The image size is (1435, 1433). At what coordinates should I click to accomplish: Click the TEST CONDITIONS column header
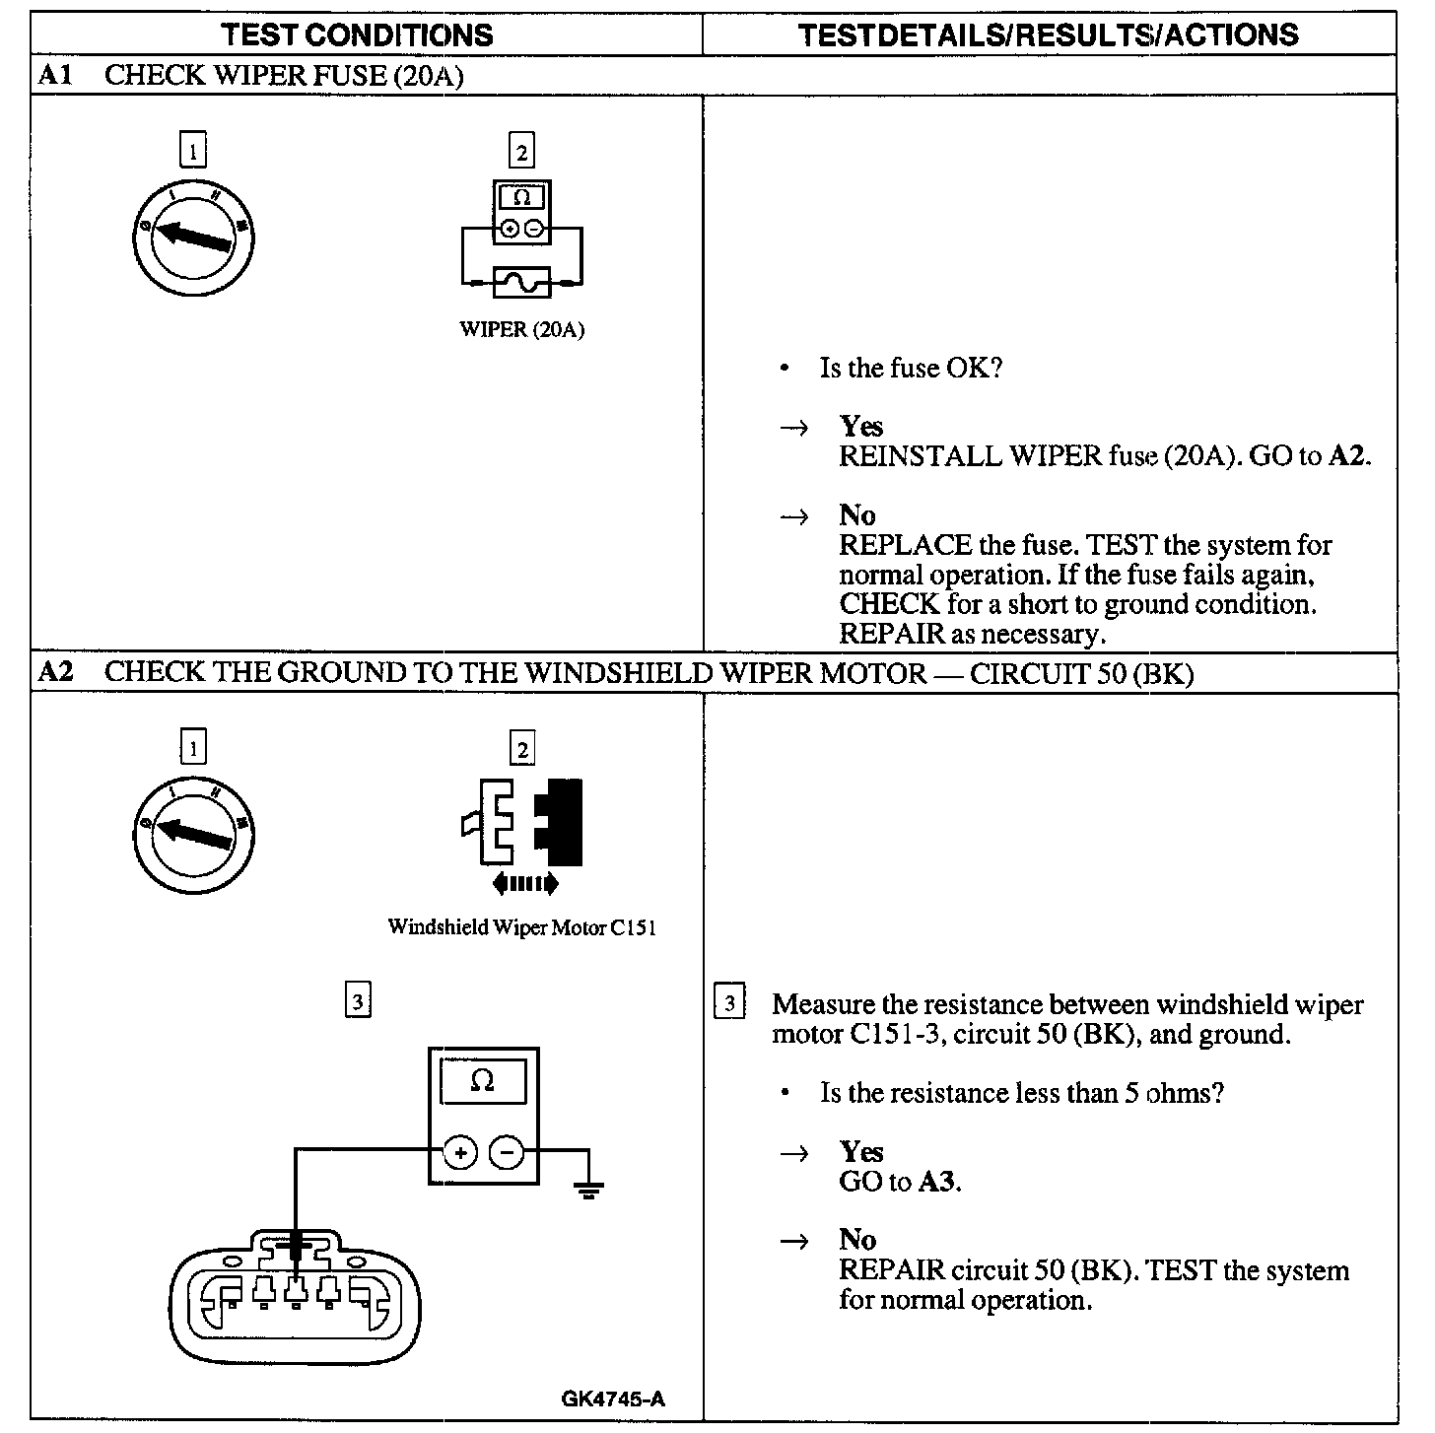[357, 34]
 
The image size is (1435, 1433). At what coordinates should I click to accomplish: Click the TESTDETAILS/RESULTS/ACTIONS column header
[1049, 34]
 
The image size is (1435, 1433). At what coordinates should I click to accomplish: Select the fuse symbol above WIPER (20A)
[521, 284]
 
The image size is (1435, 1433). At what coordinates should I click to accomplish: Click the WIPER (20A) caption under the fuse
[521, 330]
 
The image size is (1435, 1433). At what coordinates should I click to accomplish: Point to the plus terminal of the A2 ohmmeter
[460, 1152]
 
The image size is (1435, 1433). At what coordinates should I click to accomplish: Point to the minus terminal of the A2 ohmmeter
[507, 1152]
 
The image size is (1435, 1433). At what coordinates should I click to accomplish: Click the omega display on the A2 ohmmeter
[483, 1081]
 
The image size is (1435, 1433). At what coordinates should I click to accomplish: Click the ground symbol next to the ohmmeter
[589, 1190]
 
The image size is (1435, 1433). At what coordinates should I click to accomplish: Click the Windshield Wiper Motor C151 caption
[521, 927]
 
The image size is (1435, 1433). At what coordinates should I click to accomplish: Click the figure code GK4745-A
[613, 1399]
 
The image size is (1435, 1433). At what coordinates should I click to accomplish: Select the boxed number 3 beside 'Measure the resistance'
[728, 1003]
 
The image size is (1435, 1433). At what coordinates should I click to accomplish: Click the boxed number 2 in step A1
[521, 152]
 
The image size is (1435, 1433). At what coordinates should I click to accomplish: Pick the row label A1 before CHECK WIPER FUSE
[55, 75]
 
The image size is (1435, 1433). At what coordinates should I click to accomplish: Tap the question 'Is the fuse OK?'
[911, 369]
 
